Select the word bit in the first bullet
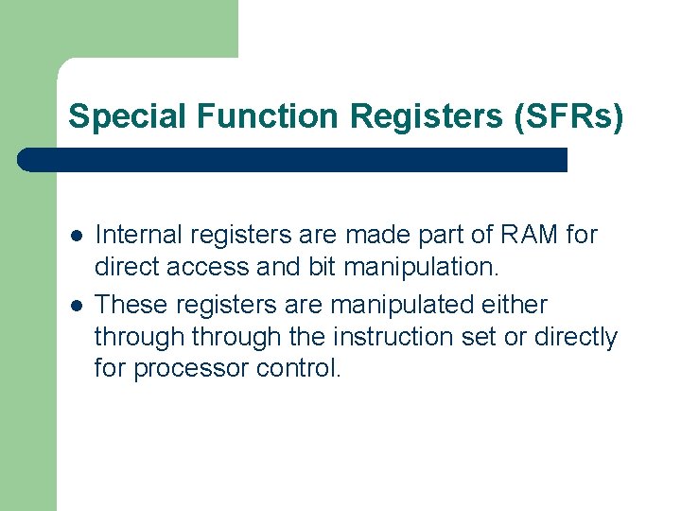[322, 267]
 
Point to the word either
[514, 305]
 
